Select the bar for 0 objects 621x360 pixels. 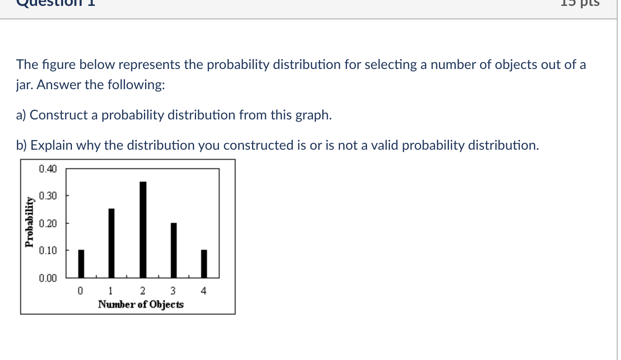(81, 264)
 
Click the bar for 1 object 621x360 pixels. (111, 243)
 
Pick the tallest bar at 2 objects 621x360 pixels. (143, 230)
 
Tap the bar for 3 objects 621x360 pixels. (174, 250)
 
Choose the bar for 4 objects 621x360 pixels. (204, 264)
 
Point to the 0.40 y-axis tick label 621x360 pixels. (48, 169)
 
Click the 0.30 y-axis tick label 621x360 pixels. (48, 196)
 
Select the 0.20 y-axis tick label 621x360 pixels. (48, 223)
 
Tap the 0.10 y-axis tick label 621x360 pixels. (48, 251)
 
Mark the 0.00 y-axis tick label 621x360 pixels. (48, 278)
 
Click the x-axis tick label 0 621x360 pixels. (80, 291)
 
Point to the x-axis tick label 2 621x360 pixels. (143, 291)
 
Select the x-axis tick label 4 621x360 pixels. (204, 291)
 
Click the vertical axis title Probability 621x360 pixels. (29, 222)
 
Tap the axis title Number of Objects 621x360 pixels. (141, 304)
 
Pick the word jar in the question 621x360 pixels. (24, 85)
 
